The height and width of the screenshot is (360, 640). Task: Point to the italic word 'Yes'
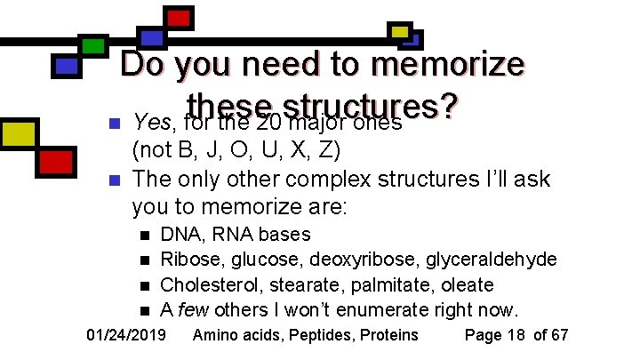pyautogui.click(x=149, y=121)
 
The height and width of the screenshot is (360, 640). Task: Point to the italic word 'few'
pyautogui.click(x=193, y=309)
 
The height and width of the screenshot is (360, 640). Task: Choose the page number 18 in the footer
pyautogui.click(x=510, y=335)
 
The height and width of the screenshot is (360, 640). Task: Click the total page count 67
pyautogui.click(x=558, y=335)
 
